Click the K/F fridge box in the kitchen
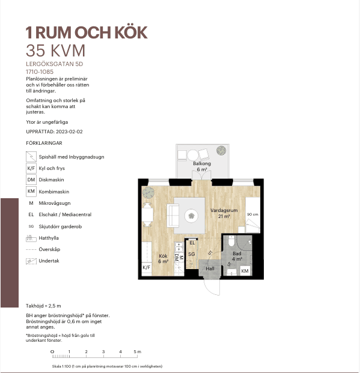pos(147,268)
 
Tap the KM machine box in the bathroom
pos(245,271)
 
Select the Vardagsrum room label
pos(224,211)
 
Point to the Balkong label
pos(202,163)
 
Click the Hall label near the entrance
pos(210,268)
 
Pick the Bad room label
pos(237,253)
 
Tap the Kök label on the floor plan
pos(163,256)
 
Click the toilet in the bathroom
pos(231,241)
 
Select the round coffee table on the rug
pos(192,216)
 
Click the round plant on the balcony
pos(221,151)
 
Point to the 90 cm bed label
pos(252,214)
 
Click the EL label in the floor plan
pos(192,243)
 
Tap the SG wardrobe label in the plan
pos(192,254)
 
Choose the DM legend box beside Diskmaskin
pos(31,180)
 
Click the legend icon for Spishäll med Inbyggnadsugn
pos(31,157)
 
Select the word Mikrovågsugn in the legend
pos(55,203)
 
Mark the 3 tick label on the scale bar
pos(103,351)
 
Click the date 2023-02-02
pos(69,132)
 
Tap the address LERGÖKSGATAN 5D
pos(55,64)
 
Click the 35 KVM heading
pos(55,50)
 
